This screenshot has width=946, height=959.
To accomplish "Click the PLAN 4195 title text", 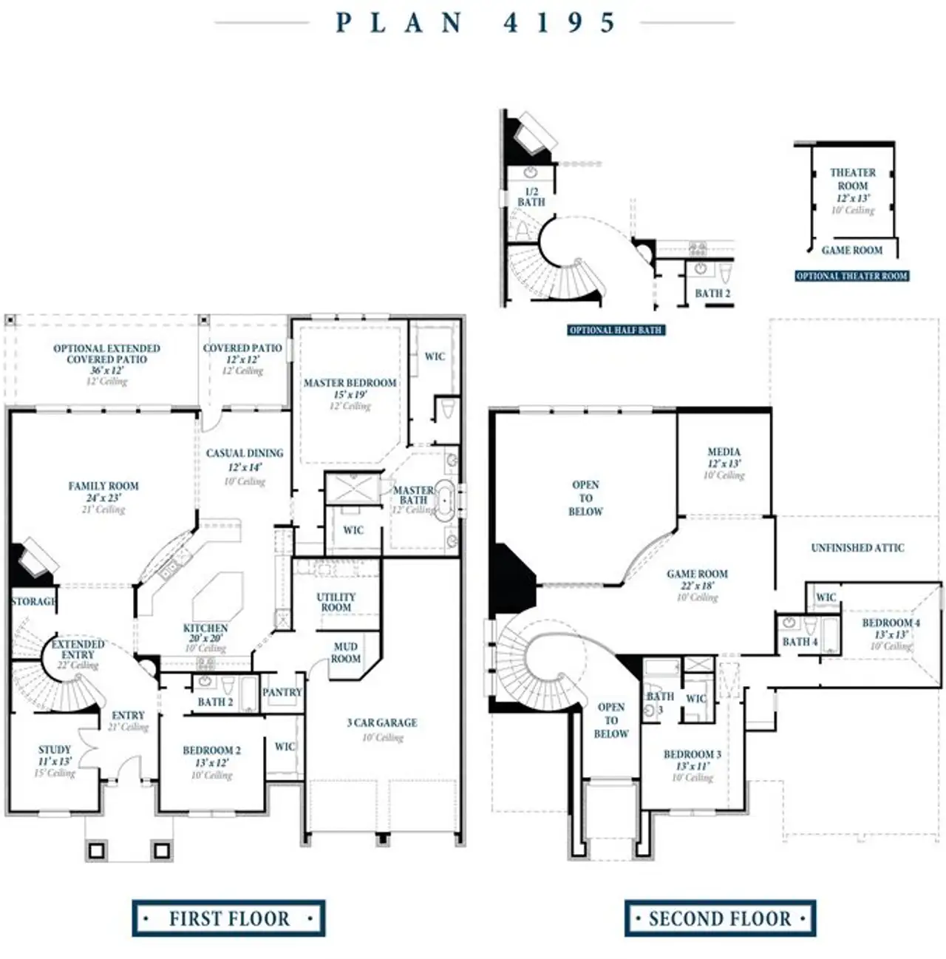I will click(x=474, y=23).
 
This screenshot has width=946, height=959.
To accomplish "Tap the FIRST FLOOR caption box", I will click(x=228, y=918).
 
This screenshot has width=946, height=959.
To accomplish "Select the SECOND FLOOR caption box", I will click(x=719, y=918).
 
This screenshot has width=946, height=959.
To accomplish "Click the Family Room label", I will click(x=103, y=487).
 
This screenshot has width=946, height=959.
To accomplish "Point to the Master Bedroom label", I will click(x=350, y=383).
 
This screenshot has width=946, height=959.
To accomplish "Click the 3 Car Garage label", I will click(x=382, y=722).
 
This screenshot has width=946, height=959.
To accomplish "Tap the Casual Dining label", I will click(x=245, y=453).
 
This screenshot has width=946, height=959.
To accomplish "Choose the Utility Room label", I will click(x=336, y=602).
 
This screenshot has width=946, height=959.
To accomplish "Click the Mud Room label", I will click(x=345, y=652).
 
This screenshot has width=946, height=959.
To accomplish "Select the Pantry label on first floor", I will click(x=282, y=693).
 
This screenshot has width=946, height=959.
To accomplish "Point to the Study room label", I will click(x=55, y=750).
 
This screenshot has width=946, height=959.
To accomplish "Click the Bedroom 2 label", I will click(x=211, y=750).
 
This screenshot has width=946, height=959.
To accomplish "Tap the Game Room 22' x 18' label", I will click(x=697, y=574).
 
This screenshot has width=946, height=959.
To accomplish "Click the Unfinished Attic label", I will click(x=857, y=548).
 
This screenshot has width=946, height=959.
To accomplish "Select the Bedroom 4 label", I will click(x=891, y=623).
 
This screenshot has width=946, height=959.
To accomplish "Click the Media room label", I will click(x=724, y=452).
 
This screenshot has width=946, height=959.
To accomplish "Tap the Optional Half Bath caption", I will click(x=616, y=330).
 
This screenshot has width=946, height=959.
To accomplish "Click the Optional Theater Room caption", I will click(x=851, y=276).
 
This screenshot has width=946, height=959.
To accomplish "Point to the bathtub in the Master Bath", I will click(x=444, y=501).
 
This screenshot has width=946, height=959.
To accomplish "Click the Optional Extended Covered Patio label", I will click(x=106, y=353).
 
